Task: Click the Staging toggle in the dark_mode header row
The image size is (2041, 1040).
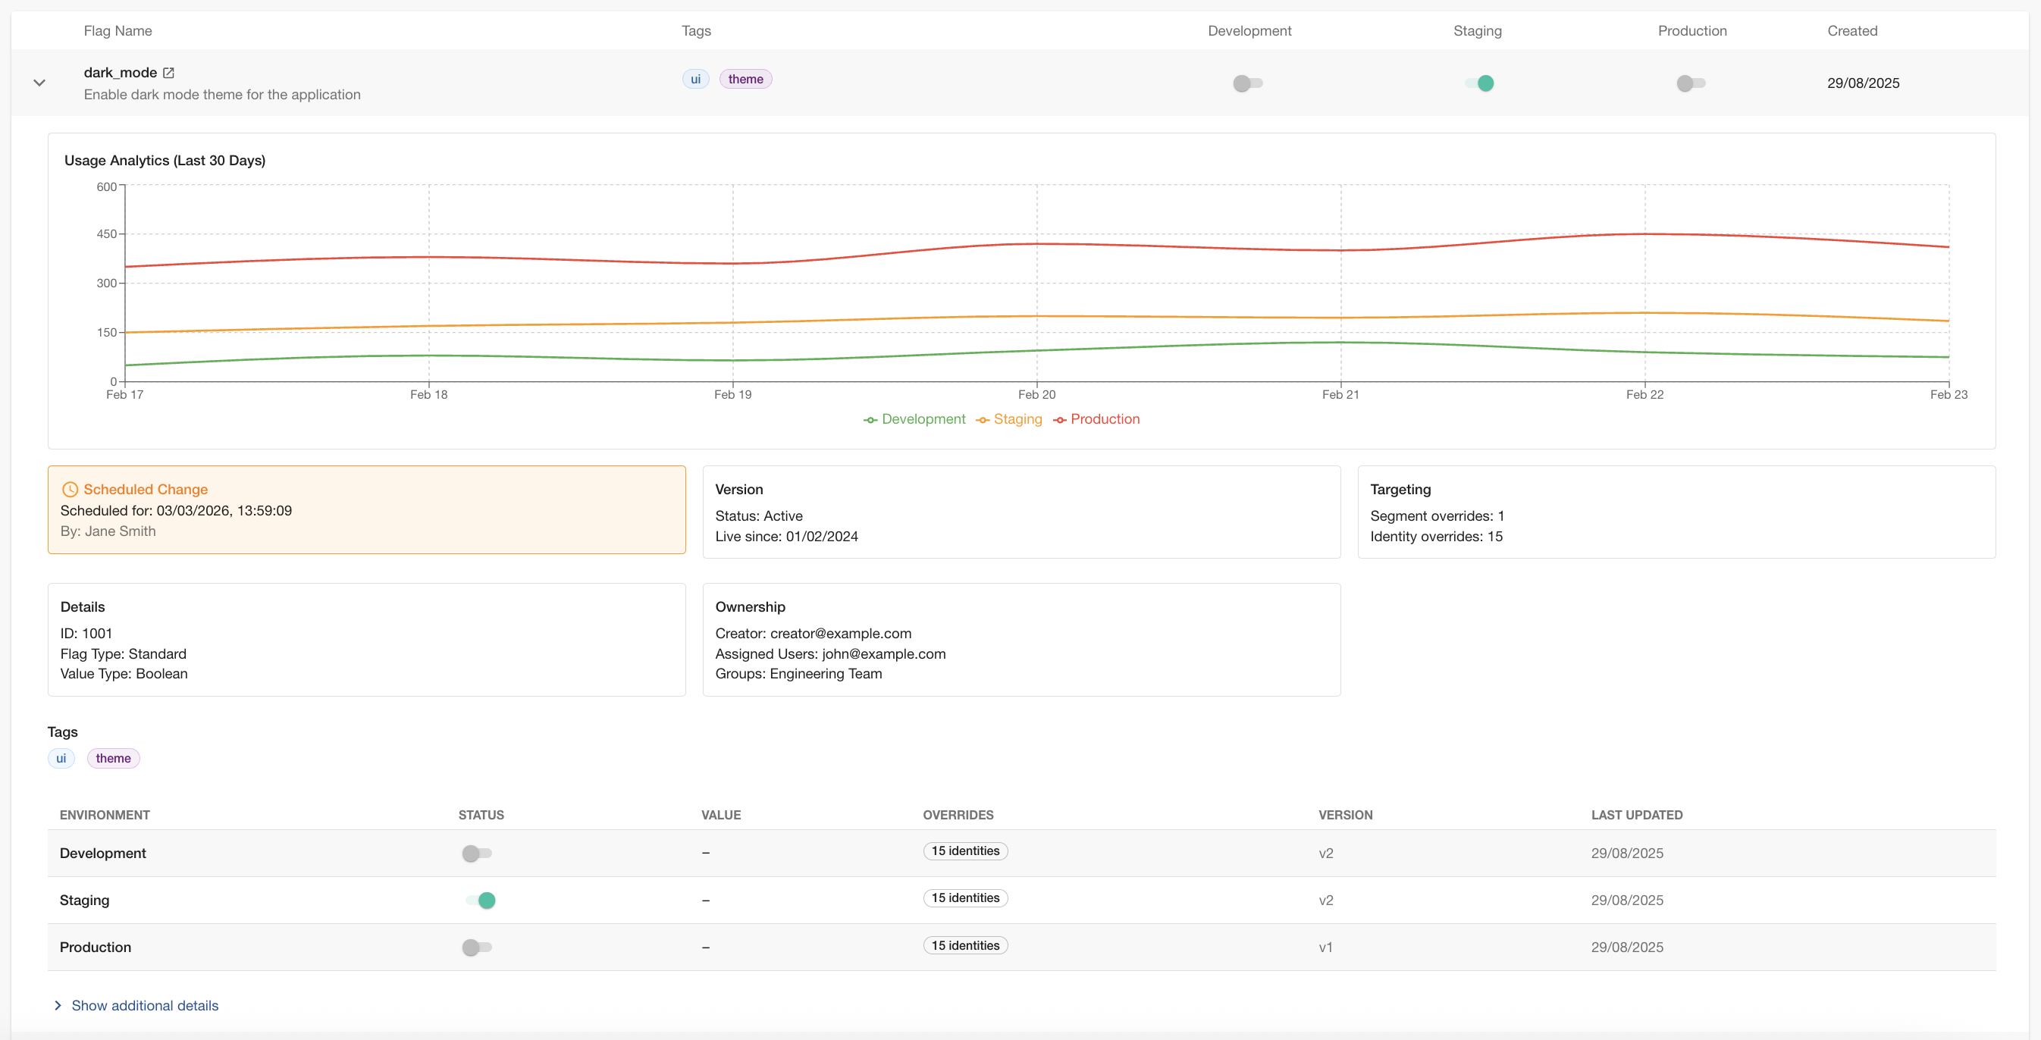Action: coord(1479,83)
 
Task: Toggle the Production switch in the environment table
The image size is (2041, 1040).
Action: coord(477,948)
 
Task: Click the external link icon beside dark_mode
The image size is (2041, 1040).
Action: coord(169,73)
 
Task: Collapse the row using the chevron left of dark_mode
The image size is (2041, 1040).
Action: coord(39,83)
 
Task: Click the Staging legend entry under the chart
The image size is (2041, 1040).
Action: coord(1009,419)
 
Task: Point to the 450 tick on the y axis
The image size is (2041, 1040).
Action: coord(106,233)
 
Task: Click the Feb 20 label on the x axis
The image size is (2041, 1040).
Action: coord(1036,394)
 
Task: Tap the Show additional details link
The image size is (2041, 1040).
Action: coord(144,1005)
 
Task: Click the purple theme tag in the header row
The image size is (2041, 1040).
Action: coord(745,79)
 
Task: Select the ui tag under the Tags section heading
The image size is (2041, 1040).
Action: coord(61,758)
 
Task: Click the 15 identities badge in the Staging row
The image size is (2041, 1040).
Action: coord(965,897)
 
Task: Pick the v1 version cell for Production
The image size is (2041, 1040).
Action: coord(1325,948)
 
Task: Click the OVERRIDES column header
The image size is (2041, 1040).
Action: coord(958,815)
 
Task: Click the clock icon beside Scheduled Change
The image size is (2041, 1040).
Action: coord(70,490)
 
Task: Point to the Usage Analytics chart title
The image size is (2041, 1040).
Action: coord(165,160)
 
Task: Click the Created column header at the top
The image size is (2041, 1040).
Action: coord(1851,31)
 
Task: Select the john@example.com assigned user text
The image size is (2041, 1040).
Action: coord(883,653)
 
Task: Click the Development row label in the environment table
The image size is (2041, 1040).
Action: coord(103,853)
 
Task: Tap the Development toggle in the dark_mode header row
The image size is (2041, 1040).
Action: coord(1248,83)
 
